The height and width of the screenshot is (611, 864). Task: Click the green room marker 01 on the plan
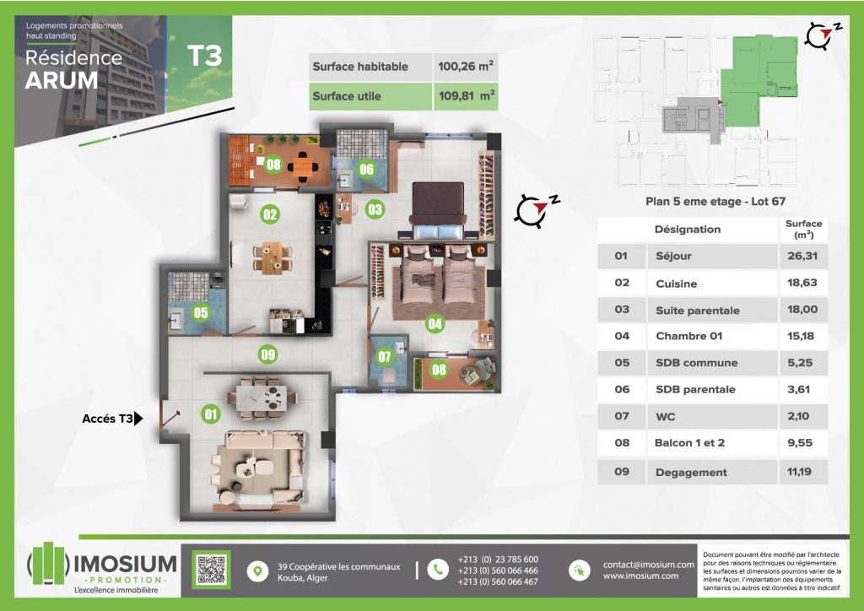pyautogui.click(x=210, y=414)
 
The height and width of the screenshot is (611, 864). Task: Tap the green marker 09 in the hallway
pyautogui.click(x=267, y=354)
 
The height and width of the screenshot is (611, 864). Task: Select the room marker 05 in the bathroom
pyautogui.click(x=201, y=313)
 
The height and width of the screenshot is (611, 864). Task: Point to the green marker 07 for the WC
pyautogui.click(x=384, y=356)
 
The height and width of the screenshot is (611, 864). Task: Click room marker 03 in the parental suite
pyautogui.click(x=375, y=209)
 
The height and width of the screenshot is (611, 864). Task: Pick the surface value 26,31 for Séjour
pyautogui.click(x=802, y=256)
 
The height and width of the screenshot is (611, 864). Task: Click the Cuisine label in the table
pyautogui.click(x=676, y=284)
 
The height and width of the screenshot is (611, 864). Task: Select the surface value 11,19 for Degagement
pyautogui.click(x=799, y=472)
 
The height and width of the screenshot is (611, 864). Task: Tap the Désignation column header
pyautogui.click(x=687, y=230)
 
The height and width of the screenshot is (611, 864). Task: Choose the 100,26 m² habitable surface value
pyautogui.click(x=466, y=66)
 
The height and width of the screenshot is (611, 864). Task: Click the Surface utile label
pyautogui.click(x=347, y=96)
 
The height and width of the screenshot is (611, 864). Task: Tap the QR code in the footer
pyautogui.click(x=212, y=570)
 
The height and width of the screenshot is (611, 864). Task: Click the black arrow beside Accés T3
pyautogui.click(x=138, y=419)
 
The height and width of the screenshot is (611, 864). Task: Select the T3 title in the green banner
pyautogui.click(x=204, y=56)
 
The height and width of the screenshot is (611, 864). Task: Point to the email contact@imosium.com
pyautogui.click(x=649, y=565)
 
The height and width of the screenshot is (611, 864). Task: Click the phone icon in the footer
pyautogui.click(x=438, y=570)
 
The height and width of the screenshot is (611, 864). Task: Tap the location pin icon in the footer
pyautogui.click(x=257, y=570)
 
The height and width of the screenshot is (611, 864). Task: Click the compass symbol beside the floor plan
pyautogui.click(x=536, y=210)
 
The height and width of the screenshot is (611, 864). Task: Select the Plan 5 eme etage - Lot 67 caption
pyautogui.click(x=715, y=201)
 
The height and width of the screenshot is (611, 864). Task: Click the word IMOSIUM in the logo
pyautogui.click(x=125, y=565)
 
